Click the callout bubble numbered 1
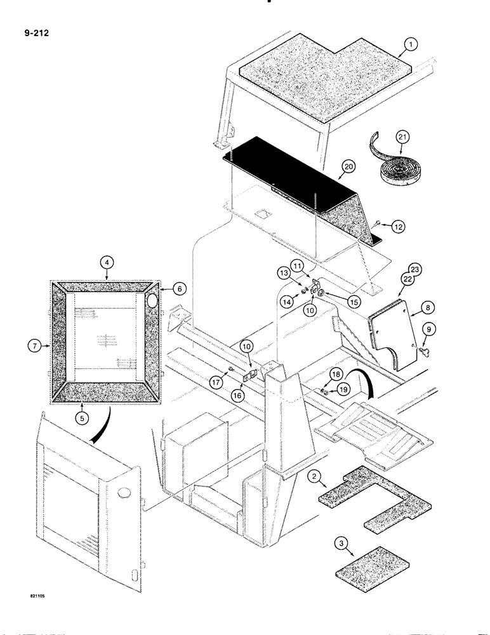pos(411,44)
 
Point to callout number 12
pos(396,227)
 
